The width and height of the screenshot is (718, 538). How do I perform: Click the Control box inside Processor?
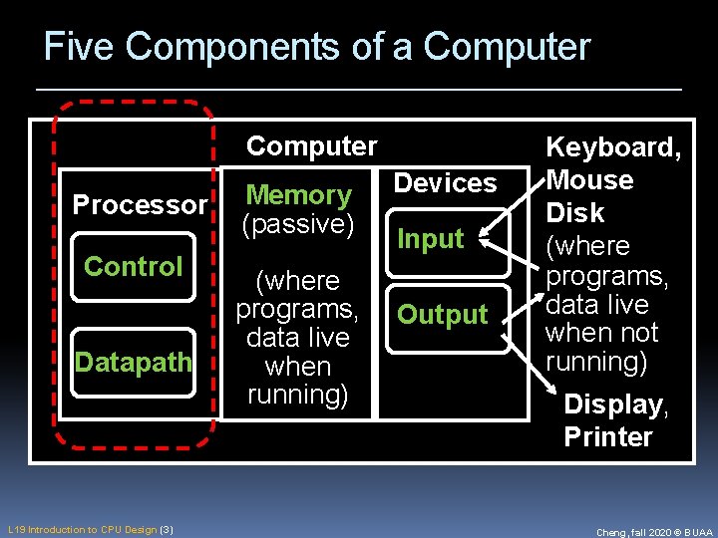(x=134, y=267)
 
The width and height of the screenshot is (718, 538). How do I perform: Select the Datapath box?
(x=134, y=363)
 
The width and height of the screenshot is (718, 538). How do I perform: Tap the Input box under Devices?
(x=431, y=239)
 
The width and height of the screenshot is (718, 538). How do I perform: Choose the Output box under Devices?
(x=442, y=315)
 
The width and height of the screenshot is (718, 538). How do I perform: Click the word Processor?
(x=140, y=205)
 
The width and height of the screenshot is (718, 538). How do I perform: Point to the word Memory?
(x=298, y=195)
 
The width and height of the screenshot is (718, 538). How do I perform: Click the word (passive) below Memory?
(x=298, y=224)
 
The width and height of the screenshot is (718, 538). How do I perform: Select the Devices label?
(x=445, y=183)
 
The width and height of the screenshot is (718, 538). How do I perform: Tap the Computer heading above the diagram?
(x=311, y=146)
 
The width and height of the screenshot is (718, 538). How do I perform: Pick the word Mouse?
(x=589, y=180)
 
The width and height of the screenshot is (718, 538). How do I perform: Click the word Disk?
(x=574, y=213)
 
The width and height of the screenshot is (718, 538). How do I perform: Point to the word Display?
(x=613, y=404)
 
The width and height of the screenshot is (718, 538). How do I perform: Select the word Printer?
(x=608, y=436)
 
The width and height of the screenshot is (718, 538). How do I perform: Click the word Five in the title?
(x=80, y=47)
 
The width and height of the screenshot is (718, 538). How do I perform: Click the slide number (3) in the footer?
(x=167, y=529)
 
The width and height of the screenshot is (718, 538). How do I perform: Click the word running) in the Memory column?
(x=298, y=395)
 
